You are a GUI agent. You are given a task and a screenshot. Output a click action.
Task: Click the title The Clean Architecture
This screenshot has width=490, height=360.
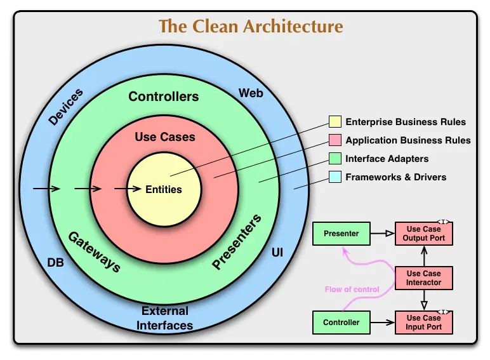[x=250, y=27]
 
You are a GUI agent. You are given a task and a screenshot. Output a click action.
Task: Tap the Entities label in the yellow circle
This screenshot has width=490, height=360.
[x=164, y=189]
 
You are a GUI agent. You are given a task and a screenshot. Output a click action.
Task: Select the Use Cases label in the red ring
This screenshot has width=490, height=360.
[x=165, y=137]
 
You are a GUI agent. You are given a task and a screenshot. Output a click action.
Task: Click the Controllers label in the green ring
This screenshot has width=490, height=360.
[x=164, y=97]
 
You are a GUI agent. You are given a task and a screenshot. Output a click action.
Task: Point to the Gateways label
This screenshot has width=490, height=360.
[x=94, y=251]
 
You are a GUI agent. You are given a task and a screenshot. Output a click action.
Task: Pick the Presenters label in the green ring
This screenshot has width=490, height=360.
[x=237, y=243]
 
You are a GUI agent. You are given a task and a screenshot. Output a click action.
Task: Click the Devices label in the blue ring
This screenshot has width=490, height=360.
[x=65, y=107]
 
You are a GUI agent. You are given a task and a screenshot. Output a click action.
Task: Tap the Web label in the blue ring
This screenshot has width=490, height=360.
[x=251, y=93]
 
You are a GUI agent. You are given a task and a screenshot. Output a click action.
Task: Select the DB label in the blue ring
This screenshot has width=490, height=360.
[x=56, y=262]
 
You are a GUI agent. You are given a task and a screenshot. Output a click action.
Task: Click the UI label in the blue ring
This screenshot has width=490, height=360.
[x=277, y=253]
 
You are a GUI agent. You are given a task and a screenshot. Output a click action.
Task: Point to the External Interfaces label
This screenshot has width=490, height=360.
[x=165, y=318]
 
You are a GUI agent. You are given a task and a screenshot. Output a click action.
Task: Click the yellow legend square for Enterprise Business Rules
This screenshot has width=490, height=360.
[x=334, y=122]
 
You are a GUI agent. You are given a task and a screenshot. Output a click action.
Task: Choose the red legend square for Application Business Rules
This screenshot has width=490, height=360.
[x=334, y=140]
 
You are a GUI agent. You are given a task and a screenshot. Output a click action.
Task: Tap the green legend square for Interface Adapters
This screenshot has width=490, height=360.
[x=334, y=159]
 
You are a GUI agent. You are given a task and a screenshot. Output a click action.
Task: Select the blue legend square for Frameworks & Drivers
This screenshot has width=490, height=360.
[x=334, y=177]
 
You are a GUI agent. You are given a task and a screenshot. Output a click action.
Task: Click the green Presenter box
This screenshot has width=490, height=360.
[x=341, y=234]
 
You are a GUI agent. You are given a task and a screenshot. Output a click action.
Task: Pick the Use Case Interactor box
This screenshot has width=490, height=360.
[x=424, y=278]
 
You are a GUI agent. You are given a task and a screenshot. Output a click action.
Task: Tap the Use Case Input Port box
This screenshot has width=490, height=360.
[x=424, y=322]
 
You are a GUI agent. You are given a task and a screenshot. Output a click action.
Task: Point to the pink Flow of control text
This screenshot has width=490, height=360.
[x=352, y=290]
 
